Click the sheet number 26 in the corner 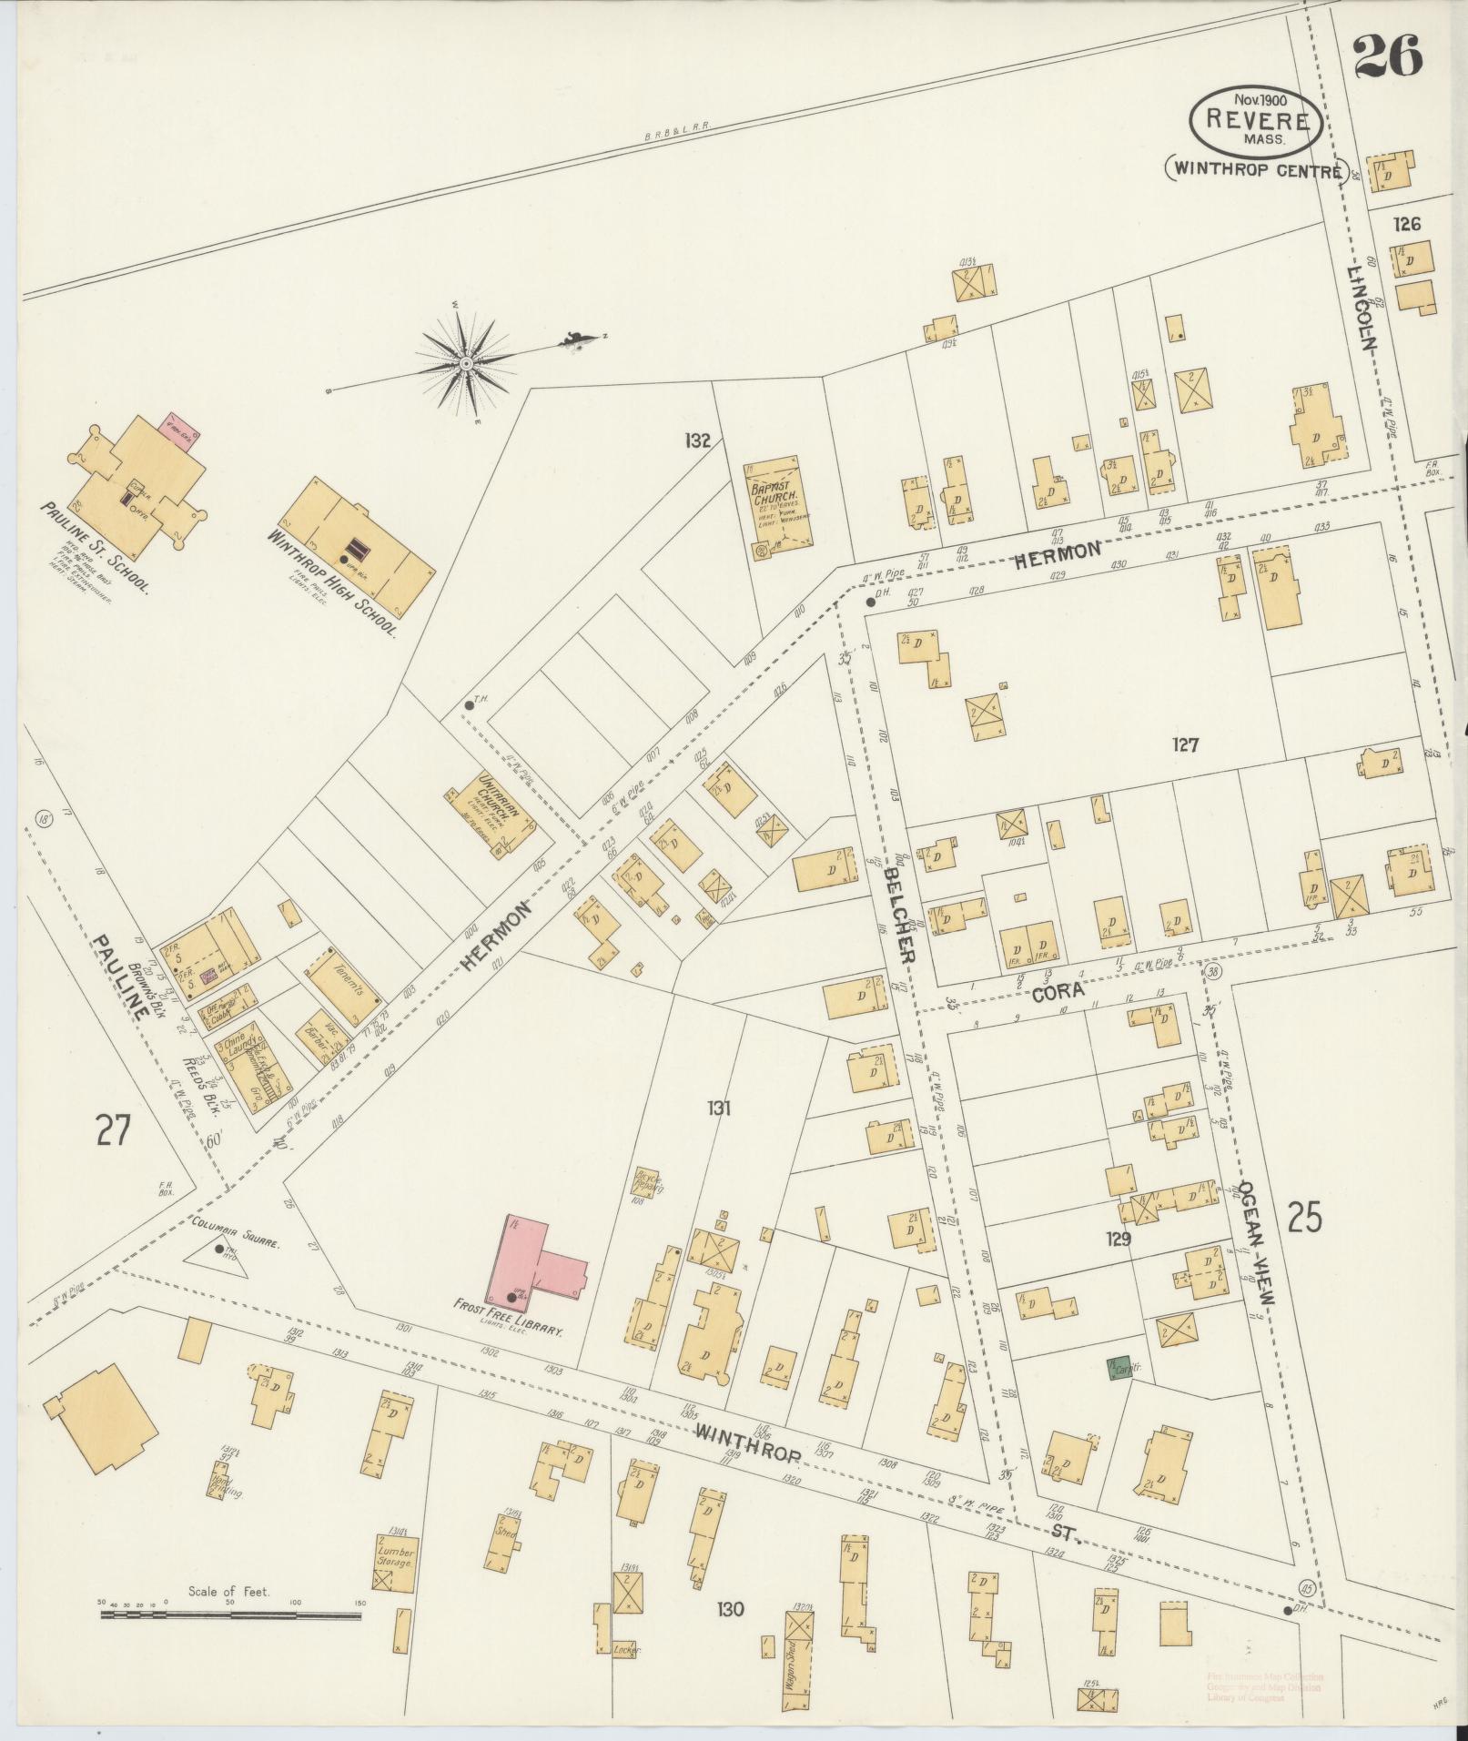click(1387, 57)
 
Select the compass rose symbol click(466, 363)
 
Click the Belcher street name click(898, 915)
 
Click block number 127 click(1185, 745)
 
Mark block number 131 click(719, 1108)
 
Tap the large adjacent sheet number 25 click(1304, 1217)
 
